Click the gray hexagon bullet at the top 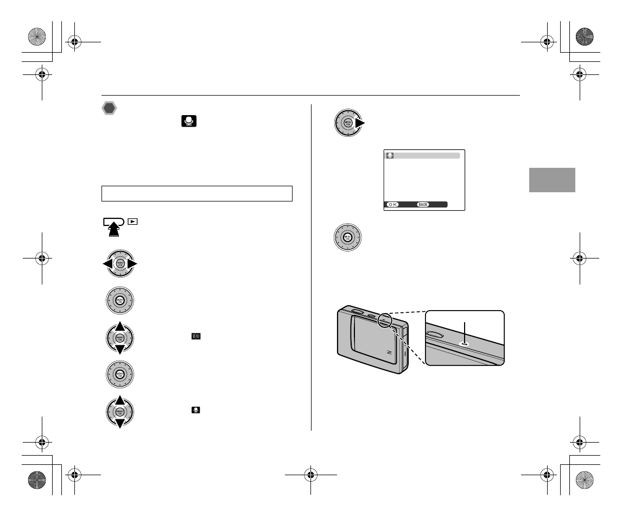click(110, 109)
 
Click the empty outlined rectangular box click(197, 194)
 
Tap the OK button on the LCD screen click(392, 204)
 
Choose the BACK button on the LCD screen click(423, 204)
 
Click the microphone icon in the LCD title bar click(390, 155)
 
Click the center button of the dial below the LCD click(348, 237)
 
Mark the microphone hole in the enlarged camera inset click(465, 343)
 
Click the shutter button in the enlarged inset click(435, 331)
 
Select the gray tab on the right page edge click(553, 180)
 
